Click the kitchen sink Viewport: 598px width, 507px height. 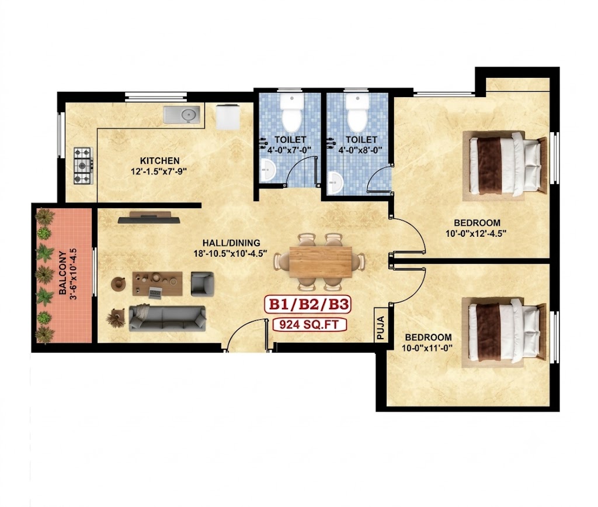coord(182,115)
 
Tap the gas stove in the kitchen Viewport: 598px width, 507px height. coord(84,165)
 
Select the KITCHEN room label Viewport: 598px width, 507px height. coord(159,161)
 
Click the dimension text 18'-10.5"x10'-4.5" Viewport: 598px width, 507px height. coord(230,253)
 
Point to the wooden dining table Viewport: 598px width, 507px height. coord(321,262)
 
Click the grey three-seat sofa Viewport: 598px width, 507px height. coord(168,318)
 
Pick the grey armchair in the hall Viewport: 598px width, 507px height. coord(202,284)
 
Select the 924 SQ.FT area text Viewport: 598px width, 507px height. coord(310,325)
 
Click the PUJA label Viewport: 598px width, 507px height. coord(381,327)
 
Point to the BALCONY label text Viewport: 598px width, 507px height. coord(63,273)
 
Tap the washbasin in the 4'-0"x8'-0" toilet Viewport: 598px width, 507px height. coord(335,183)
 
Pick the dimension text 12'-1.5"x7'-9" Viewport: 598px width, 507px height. coord(159,171)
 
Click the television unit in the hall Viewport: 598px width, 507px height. coord(149,217)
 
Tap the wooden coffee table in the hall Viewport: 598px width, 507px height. coord(157,284)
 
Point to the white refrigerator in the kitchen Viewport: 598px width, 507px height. coord(228,117)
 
